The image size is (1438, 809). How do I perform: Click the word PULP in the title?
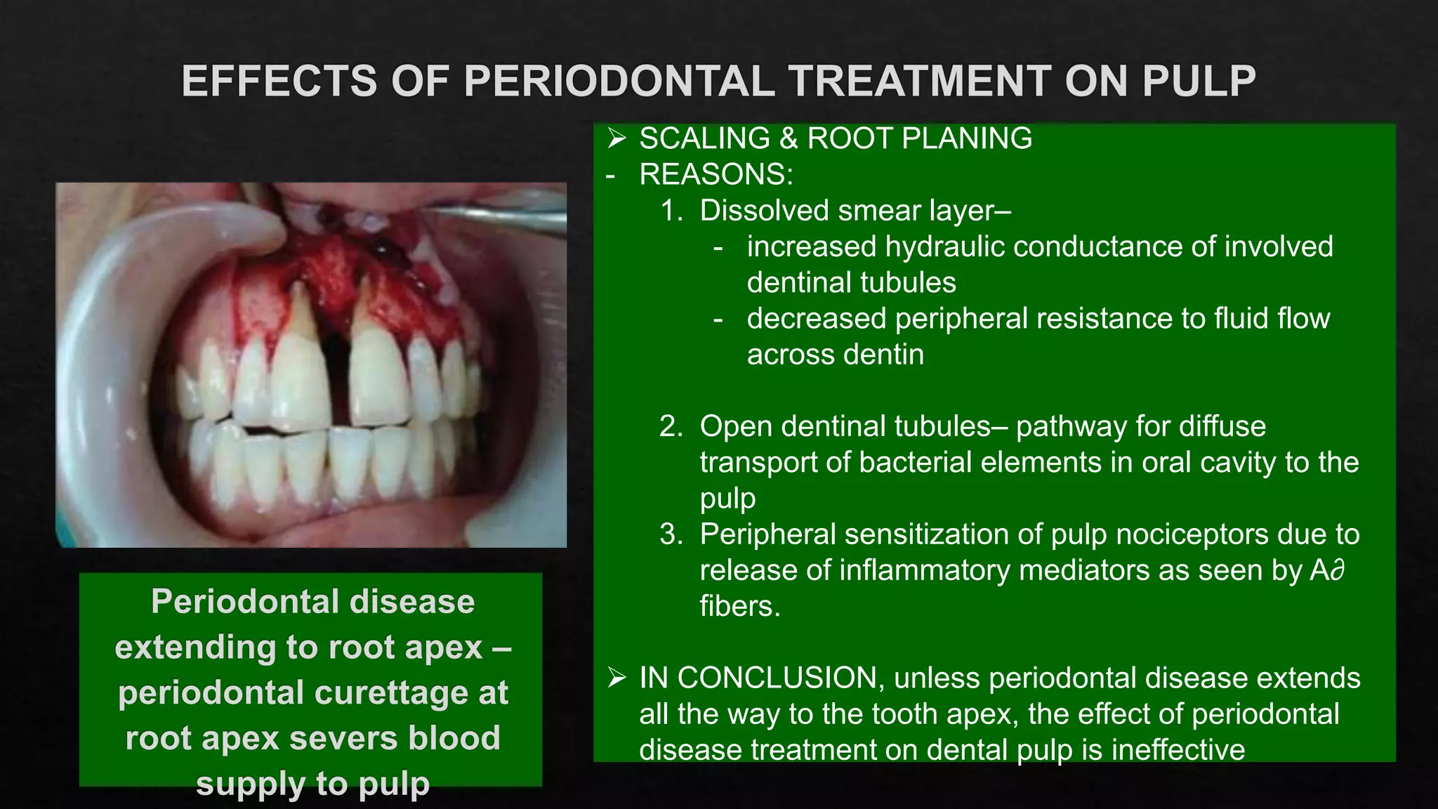1199,81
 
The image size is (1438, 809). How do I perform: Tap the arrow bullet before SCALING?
616,138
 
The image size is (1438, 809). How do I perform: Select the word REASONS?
715,174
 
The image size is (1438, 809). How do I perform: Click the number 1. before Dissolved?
671,211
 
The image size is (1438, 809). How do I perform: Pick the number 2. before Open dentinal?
671,426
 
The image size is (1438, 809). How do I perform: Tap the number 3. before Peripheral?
671,534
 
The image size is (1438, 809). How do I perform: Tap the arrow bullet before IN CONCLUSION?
616,678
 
